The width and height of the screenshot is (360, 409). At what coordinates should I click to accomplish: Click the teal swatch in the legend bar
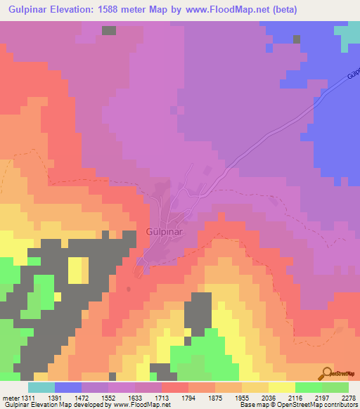[41, 387]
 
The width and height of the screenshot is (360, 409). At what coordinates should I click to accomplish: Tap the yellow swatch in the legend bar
[282, 387]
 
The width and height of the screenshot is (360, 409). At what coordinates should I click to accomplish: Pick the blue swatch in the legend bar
[68, 387]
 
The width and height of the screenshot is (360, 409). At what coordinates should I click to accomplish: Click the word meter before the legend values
[11, 398]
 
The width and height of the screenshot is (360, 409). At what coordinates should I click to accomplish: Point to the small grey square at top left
[109, 30]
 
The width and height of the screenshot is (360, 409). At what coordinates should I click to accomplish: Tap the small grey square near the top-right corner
[298, 39]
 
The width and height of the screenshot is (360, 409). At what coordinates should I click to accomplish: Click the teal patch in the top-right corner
[347, 34]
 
